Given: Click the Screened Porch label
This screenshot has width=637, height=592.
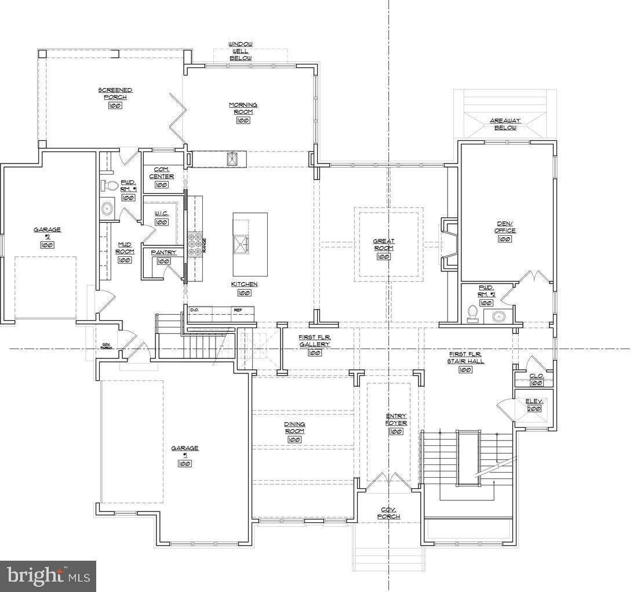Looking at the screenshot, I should [x=115, y=94].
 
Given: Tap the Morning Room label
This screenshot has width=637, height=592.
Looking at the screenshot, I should [x=243, y=108].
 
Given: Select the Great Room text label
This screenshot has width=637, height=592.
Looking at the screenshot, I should [x=383, y=245].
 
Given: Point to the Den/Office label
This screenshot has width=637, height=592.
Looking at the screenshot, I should [x=505, y=227].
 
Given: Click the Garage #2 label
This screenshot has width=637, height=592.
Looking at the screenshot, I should [x=47, y=233].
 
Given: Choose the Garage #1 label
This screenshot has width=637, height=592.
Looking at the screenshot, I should [x=184, y=452].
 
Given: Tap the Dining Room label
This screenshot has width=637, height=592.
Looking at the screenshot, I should [x=294, y=428].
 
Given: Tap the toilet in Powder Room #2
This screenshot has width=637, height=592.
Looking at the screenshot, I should [x=473, y=314].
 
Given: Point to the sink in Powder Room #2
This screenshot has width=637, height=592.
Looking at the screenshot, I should [x=498, y=317].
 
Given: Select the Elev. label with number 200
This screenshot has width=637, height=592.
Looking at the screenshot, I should [x=534, y=405].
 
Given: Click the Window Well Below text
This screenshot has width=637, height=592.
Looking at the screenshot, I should [x=240, y=51].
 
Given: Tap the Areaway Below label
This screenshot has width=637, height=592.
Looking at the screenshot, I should [x=505, y=124].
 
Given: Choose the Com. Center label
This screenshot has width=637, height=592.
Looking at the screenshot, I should [x=161, y=173].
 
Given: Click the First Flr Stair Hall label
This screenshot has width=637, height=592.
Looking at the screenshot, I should [x=465, y=357].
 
